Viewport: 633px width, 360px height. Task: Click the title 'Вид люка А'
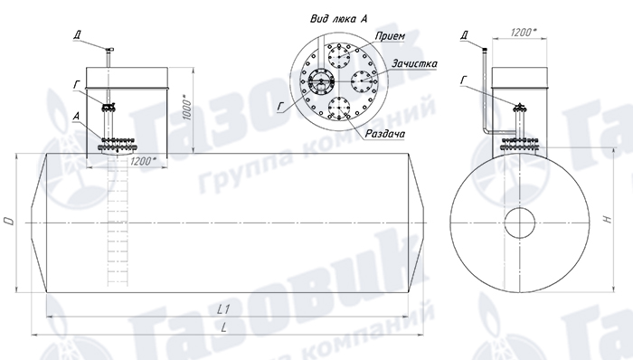pos(339,19)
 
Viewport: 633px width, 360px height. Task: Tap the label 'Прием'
pos(390,36)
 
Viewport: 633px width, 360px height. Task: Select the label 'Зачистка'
pos(414,63)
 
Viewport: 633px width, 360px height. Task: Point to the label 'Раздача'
pos(384,134)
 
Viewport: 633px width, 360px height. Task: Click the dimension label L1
pos(223,309)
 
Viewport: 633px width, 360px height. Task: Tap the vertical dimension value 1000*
pos(186,108)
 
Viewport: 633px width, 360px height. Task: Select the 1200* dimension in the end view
pos(524,33)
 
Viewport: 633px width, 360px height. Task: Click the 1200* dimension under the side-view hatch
pos(143,161)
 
